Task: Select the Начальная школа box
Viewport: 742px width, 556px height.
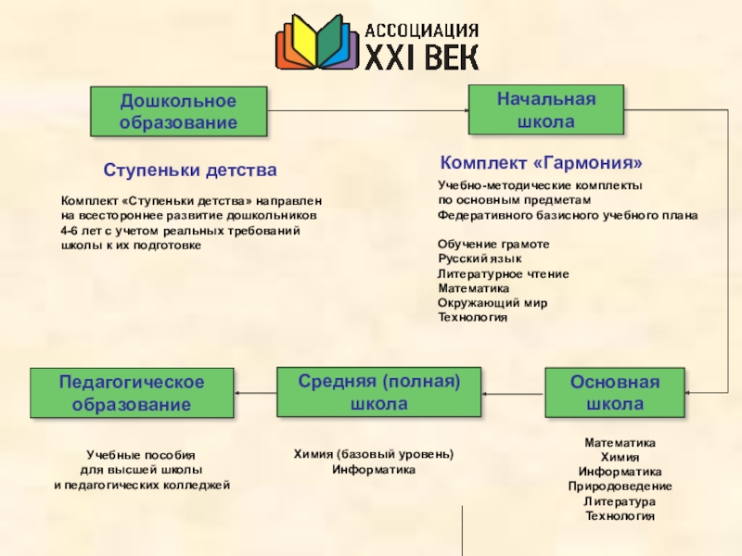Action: [545, 110]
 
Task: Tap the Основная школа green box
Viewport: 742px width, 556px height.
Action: [614, 393]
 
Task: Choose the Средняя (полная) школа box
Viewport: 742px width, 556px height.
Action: [378, 393]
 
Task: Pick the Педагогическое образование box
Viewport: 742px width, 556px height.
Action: [132, 393]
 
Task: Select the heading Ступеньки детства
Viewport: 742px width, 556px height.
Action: [190, 171]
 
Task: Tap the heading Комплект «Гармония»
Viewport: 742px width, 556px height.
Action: [541, 162]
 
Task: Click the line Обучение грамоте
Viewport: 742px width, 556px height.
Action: [493, 244]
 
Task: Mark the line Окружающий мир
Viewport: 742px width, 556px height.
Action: [492, 303]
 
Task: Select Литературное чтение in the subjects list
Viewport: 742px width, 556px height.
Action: [503, 273]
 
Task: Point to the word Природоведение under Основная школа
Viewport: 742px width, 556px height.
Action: [620, 486]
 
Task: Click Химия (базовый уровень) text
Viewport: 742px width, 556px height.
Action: [374, 454]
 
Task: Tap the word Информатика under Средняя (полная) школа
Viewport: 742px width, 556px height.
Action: [374, 470]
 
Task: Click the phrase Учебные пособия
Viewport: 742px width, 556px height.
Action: [141, 455]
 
